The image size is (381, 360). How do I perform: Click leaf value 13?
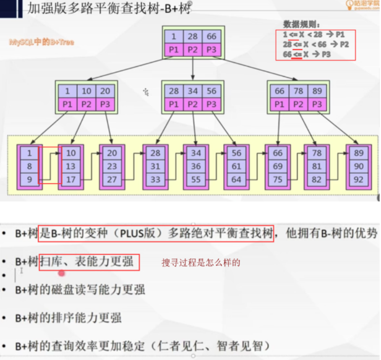point(71,166)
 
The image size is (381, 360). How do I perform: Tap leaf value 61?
point(237,166)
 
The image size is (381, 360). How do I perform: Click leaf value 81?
point(318,166)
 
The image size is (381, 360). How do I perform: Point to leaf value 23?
point(113,166)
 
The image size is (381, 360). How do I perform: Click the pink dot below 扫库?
point(62,272)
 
